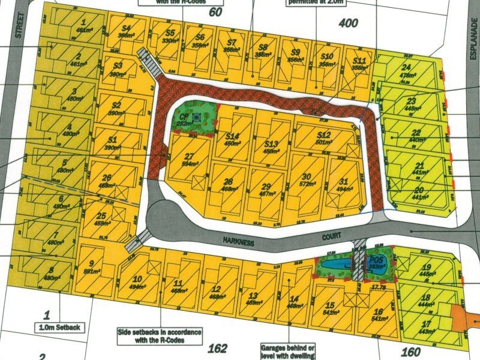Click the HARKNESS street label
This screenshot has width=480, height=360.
pyautogui.click(x=238, y=241)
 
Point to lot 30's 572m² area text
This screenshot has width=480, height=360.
pyautogui.click(x=307, y=185)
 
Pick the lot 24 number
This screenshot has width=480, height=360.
pyautogui.click(x=407, y=67)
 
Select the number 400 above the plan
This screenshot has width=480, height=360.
pyautogui.click(x=348, y=23)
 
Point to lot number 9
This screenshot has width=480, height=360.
pyautogui.click(x=91, y=263)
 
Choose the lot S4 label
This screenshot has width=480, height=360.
pyautogui.click(x=126, y=28)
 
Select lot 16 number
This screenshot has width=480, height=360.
pyautogui.click(x=377, y=311)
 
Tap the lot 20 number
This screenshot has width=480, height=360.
pyautogui.click(x=419, y=190)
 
